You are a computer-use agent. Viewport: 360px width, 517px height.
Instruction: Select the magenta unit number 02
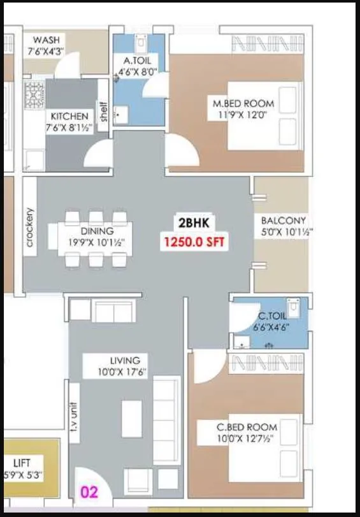click(x=89, y=492)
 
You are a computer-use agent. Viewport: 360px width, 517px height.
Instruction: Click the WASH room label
click(x=46, y=40)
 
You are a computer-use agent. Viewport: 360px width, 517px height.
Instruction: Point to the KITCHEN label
click(x=70, y=117)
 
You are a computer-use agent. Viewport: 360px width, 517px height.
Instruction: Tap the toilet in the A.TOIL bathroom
click(x=141, y=43)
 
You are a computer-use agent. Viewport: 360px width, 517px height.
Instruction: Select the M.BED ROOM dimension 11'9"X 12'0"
click(x=243, y=115)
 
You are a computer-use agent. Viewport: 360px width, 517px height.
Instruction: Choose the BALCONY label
click(x=284, y=221)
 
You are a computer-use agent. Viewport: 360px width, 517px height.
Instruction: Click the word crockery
click(x=30, y=227)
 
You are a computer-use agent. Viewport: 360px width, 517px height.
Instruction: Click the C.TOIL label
click(x=273, y=315)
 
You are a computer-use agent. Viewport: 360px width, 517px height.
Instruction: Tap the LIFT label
click(x=22, y=463)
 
